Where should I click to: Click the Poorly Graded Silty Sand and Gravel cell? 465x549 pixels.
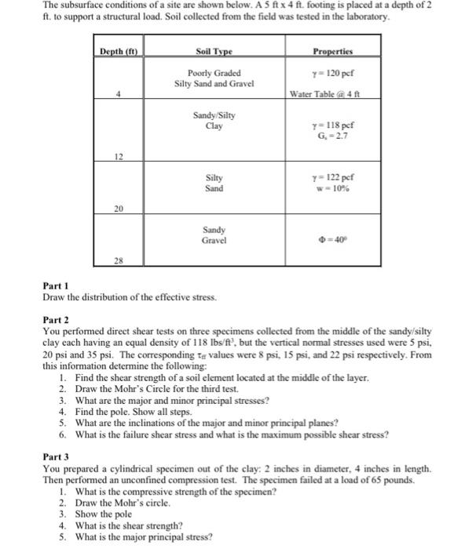pos(214,78)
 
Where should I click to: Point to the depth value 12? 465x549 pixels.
pos(119,156)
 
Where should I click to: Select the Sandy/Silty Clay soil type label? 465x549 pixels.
pos(214,119)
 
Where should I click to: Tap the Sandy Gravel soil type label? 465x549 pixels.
pos(214,235)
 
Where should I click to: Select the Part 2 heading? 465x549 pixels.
pos(56,321)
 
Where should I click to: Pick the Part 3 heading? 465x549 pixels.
pos(56,456)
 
